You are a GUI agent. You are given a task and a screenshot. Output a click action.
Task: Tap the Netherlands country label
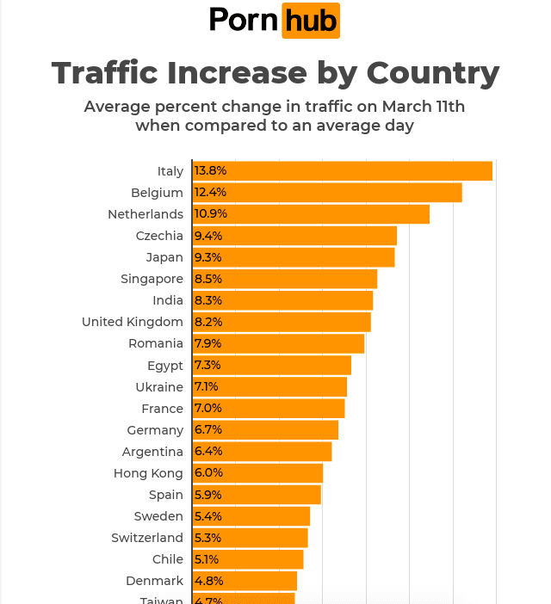[145, 214]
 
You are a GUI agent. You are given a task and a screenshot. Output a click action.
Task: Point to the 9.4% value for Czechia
[208, 236]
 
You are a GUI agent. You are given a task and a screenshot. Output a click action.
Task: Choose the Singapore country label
[152, 279]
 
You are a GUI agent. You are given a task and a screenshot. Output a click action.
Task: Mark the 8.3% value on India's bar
[208, 300]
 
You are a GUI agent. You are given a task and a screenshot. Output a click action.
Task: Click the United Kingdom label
[133, 322]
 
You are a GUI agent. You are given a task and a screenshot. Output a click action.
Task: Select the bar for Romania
[280, 344]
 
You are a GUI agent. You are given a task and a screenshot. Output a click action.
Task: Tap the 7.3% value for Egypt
[208, 366]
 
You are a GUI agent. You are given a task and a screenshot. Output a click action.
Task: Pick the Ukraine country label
[159, 387]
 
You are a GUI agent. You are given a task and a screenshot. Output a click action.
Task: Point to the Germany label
[155, 430]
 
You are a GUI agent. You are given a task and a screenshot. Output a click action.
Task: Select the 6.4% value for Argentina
[208, 452]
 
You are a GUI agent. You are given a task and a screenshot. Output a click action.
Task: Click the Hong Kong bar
[259, 473]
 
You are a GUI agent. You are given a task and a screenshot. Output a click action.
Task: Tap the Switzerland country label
[147, 538]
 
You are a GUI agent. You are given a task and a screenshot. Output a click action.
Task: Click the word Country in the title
[433, 73]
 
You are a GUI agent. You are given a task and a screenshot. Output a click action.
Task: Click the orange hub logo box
[311, 22]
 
